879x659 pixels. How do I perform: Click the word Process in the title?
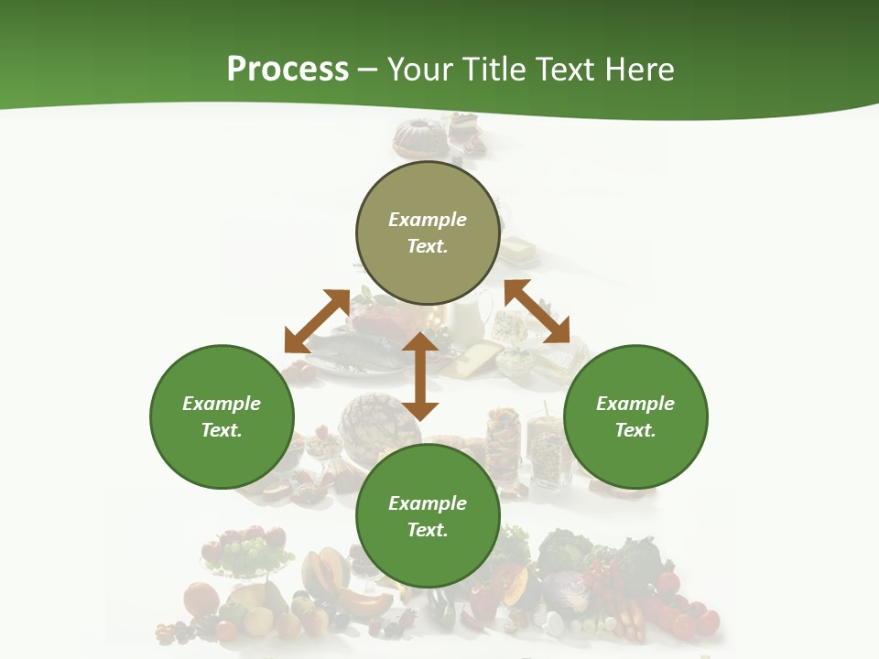click(288, 70)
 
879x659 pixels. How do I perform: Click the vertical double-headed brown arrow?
click(420, 376)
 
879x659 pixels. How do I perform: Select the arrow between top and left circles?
click(317, 321)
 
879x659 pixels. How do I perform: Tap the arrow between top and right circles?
click(537, 311)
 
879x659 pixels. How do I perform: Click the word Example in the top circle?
click(428, 220)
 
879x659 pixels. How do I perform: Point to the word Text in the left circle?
click(222, 430)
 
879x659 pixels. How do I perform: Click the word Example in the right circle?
click(635, 404)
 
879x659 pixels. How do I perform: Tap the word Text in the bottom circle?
click(428, 530)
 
